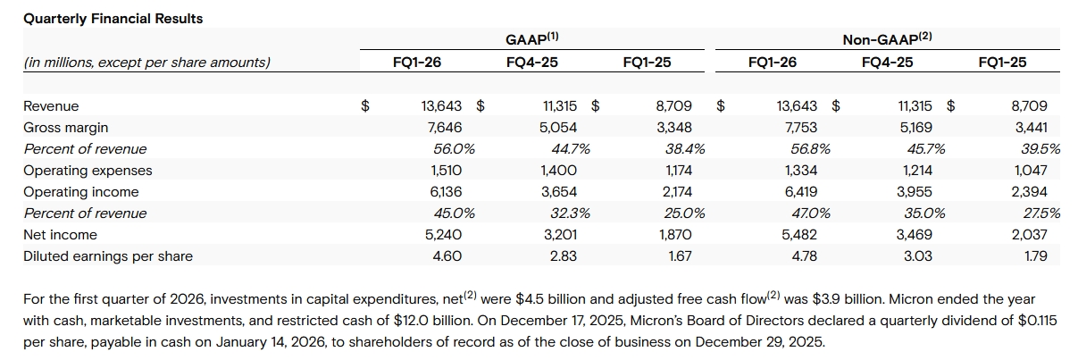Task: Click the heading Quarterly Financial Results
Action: coord(113,18)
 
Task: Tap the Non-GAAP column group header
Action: coord(887,39)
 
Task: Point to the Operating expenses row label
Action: coord(88,171)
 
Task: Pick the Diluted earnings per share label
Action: coord(108,256)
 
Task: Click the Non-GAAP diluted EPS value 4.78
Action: coord(801,256)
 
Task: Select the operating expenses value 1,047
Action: coord(1031,171)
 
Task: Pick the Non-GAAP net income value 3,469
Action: coord(915,235)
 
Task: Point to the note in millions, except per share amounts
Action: coord(146,63)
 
